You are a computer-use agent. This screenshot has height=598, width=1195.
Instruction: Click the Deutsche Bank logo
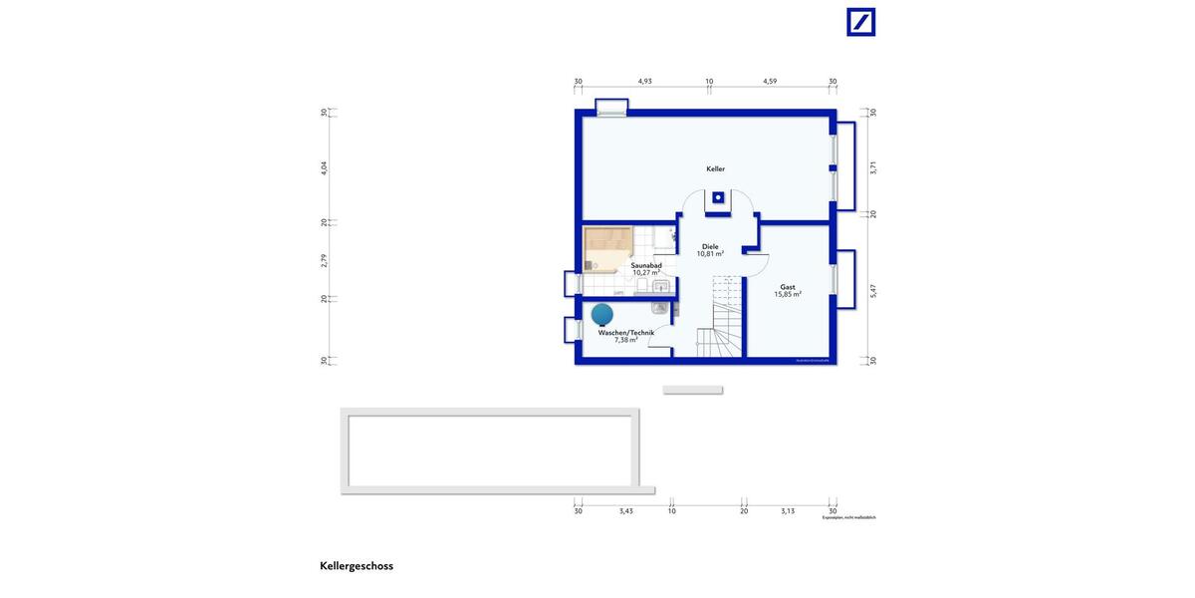tap(860, 22)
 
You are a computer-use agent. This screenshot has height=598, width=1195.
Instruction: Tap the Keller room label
tap(715, 169)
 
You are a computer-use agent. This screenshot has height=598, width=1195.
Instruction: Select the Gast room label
tap(788, 286)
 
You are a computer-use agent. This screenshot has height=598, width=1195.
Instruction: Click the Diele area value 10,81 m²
tap(710, 254)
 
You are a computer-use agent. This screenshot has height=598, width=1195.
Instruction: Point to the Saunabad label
tap(646, 265)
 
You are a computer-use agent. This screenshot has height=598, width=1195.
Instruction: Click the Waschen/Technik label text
tap(625, 332)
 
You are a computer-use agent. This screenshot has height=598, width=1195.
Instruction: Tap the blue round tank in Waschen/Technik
tap(602, 315)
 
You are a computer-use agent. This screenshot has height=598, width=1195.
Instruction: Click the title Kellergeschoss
tap(357, 566)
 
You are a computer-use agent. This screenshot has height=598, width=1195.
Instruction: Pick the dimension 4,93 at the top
tap(644, 82)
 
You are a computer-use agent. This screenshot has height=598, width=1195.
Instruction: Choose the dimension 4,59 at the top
tap(770, 82)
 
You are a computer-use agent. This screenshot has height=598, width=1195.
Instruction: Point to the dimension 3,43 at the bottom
tap(625, 511)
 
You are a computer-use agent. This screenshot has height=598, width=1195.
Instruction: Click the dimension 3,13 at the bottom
tap(788, 511)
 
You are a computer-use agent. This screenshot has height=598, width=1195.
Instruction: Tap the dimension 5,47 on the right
tap(873, 289)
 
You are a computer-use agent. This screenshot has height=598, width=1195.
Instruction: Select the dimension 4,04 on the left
tap(324, 167)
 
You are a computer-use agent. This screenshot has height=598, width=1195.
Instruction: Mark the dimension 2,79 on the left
tap(324, 260)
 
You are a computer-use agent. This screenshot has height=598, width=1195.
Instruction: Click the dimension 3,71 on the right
tap(873, 167)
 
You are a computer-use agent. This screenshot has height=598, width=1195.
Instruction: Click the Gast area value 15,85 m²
tap(789, 295)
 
